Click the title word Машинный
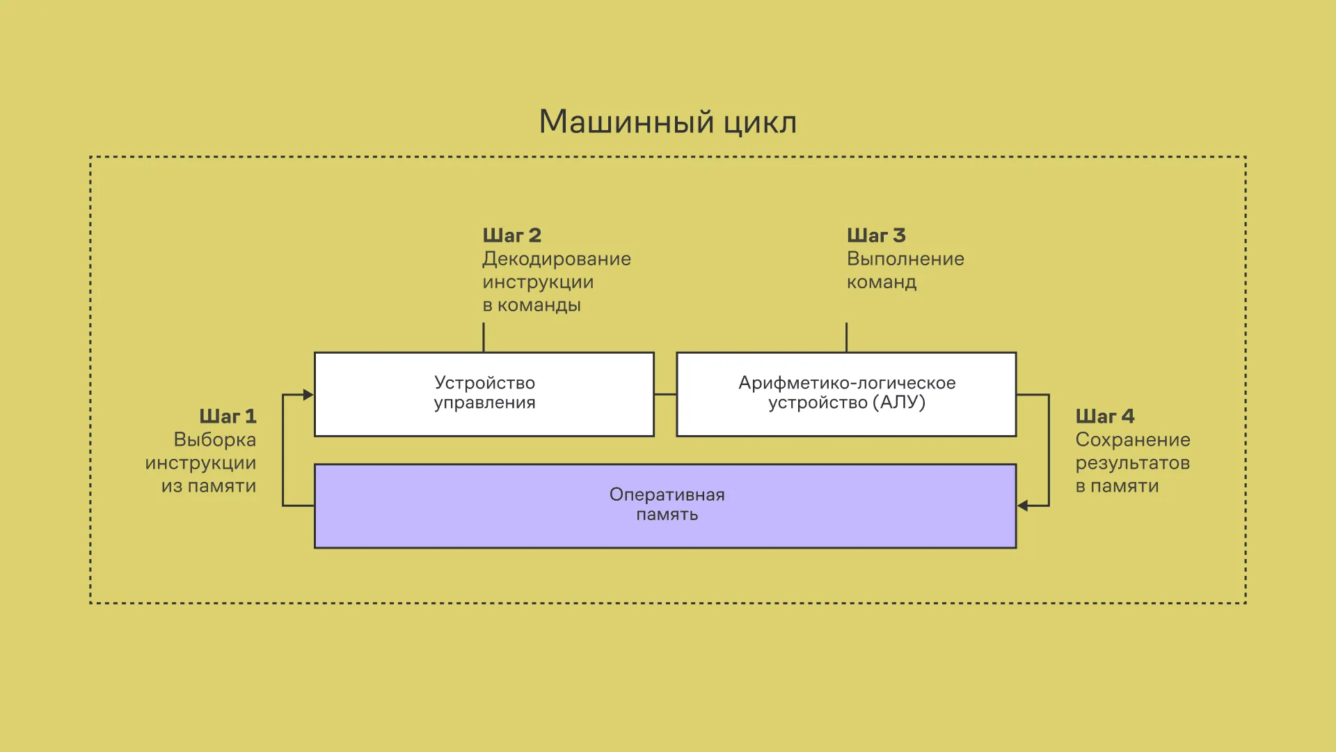pyautogui.click(x=626, y=123)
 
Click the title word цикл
pyautogui.click(x=760, y=123)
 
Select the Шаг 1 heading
pyautogui.click(x=228, y=416)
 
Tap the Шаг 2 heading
pyautogui.click(x=511, y=235)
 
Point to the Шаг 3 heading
pyautogui.click(x=876, y=235)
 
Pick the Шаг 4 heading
pyautogui.click(x=1105, y=416)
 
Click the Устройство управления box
pyautogui.click(x=484, y=394)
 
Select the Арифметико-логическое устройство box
pyautogui.click(x=846, y=394)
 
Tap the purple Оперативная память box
pyautogui.click(x=665, y=506)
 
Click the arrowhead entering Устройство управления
pyautogui.click(x=308, y=395)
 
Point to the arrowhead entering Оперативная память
pyautogui.click(x=1023, y=506)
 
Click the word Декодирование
pyautogui.click(x=557, y=259)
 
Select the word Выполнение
pyautogui.click(x=905, y=259)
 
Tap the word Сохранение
pyautogui.click(x=1133, y=440)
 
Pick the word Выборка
pyautogui.click(x=214, y=440)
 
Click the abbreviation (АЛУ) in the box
pyautogui.click(x=902, y=402)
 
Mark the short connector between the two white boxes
pyautogui.click(x=665, y=395)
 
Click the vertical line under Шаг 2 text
pyautogui.click(x=484, y=337)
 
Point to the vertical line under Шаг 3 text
pyautogui.click(x=846, y=337)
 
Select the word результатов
pyautogui.click(x=1133, y=463)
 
